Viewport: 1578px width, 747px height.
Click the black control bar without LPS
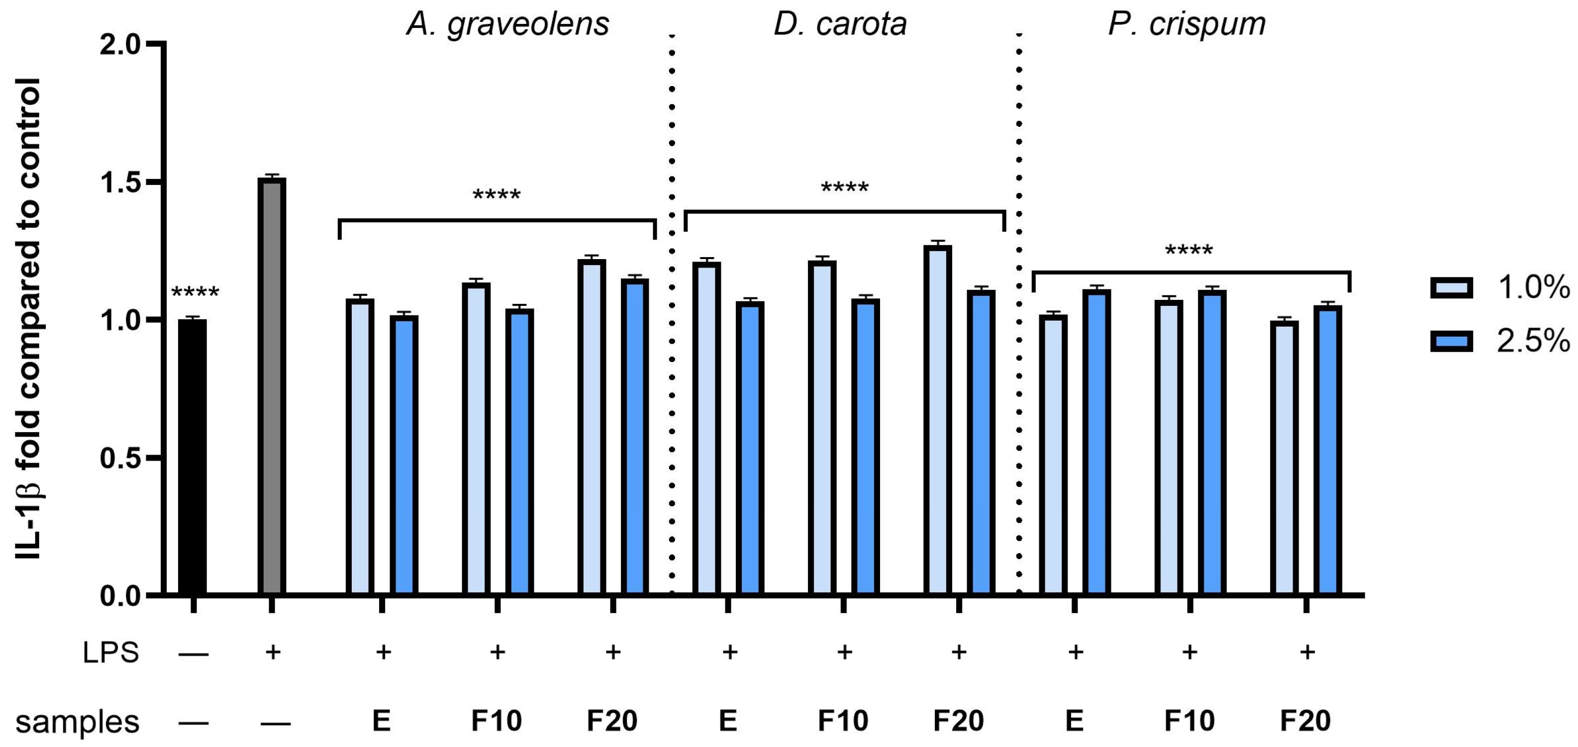pos(193,456)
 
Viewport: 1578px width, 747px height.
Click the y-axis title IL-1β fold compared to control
pos(28,318)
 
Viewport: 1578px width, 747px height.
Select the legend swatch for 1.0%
pos(1451,287)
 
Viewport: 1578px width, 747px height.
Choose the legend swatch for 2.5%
pos(1451,341)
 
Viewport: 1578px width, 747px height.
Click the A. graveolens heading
pos(507,24)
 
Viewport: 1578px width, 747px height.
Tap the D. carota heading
pos(840,24)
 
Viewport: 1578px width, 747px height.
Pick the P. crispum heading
pos(1186,24)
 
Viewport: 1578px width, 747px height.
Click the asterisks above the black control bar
pos(195,292)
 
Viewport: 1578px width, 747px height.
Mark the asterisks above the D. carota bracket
pos(844,187)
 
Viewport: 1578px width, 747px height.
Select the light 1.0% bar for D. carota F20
pos(937,419)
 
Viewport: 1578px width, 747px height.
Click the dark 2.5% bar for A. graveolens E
pos(403,455)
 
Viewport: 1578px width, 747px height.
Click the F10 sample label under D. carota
pos(843,721)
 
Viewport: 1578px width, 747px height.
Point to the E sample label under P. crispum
pos(1074,721)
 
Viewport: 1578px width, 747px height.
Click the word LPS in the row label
pos(111,653)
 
